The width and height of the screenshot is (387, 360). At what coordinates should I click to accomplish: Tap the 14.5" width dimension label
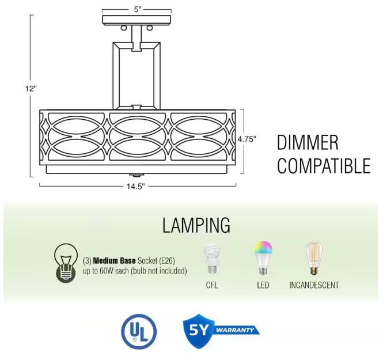(137, 186)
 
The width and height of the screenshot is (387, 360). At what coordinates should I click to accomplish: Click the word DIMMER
(308, 143)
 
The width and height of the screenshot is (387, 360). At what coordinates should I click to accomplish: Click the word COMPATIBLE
(324, 166)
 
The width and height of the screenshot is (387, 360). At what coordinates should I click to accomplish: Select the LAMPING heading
(196, 225)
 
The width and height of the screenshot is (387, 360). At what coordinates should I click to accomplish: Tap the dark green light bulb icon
(65, 263)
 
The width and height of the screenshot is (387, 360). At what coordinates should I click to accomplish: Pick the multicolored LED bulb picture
(263, 257)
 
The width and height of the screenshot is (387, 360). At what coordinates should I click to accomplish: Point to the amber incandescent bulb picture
(313, 258)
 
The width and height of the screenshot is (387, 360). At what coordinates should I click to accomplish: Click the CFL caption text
(211, 285)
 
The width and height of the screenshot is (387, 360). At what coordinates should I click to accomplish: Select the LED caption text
(263, 285)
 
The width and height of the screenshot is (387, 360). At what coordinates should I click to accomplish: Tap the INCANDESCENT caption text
(314, 285)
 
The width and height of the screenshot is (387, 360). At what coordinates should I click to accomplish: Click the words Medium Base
(113, 260)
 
